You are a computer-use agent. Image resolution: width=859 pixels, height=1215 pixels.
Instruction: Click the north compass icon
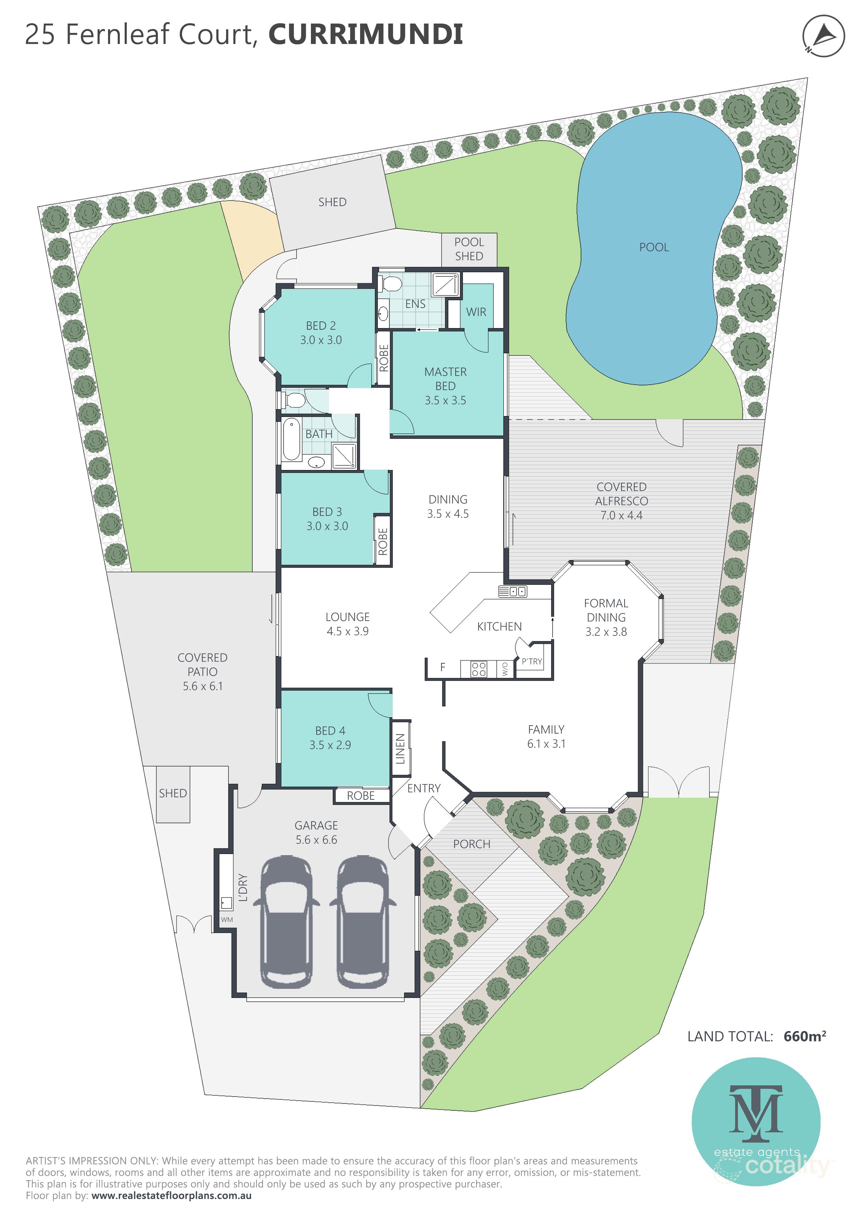(x=823, y=36)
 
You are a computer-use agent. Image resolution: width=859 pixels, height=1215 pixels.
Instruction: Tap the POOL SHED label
(x=469, y=249)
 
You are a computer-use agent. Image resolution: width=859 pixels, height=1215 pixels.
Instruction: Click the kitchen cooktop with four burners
(x=479, y=669)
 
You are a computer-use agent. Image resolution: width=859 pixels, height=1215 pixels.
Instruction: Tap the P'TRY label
(x=531, y=662)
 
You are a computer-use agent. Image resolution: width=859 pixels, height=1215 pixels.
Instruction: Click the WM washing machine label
(x=227, y=919)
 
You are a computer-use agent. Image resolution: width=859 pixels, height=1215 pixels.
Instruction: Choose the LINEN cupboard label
(x=400, y=749)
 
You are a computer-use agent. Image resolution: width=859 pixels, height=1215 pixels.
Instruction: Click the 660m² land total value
(x=805, y=1036)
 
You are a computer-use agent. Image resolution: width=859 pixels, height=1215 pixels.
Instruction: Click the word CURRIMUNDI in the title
(x=366, y=34)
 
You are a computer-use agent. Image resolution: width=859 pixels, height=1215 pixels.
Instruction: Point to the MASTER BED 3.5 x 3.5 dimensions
(x=445, y=401)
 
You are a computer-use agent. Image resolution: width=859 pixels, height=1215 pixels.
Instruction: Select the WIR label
(x=476, y=312)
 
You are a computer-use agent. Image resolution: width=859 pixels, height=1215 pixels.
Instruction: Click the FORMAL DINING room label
(x=606, y=610)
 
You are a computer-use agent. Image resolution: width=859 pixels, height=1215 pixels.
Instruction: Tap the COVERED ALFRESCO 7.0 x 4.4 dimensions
(x=621, y=515)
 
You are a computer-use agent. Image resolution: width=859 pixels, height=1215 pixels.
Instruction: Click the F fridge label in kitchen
(x=443, y=668)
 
